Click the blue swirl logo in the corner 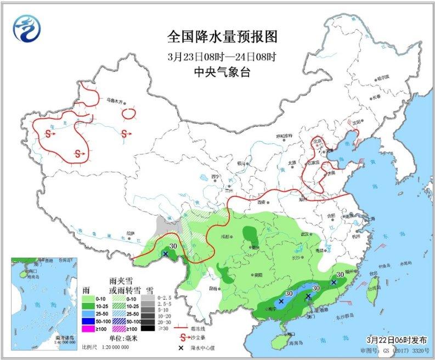27,27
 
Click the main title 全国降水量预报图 222,37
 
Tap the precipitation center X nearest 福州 334,283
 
